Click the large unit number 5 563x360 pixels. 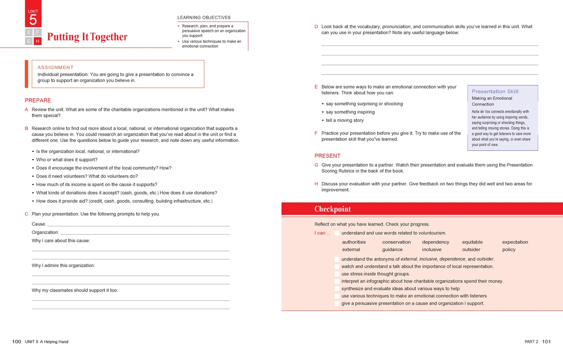[x=33, y=19]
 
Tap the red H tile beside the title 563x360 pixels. [x=38, y=41]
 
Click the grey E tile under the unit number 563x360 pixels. [x=29, y=32]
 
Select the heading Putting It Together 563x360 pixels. [x=87, y=37]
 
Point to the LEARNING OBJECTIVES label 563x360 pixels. [x=204, y=17]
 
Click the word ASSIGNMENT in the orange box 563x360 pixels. [x=55, y=67]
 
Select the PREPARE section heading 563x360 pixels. [x=38, y=100]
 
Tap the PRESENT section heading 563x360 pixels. [x=327, y=156]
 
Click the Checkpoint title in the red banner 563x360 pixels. [x=332, y=209]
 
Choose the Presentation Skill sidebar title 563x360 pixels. [x=495, y=91]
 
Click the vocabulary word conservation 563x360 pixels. [x=396, y=242]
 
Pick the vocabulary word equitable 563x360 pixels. [x=472, y=242]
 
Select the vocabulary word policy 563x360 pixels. [x=509, y=250]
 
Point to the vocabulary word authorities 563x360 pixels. [x=354, y=242]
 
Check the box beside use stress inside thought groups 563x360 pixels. [x=337, y=274]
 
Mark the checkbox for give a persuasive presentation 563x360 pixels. [x=337, y=303]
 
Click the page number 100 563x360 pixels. [x=17, y=342]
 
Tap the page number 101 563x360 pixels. [x=546, y=342]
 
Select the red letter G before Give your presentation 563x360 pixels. [x=316, y=165]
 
